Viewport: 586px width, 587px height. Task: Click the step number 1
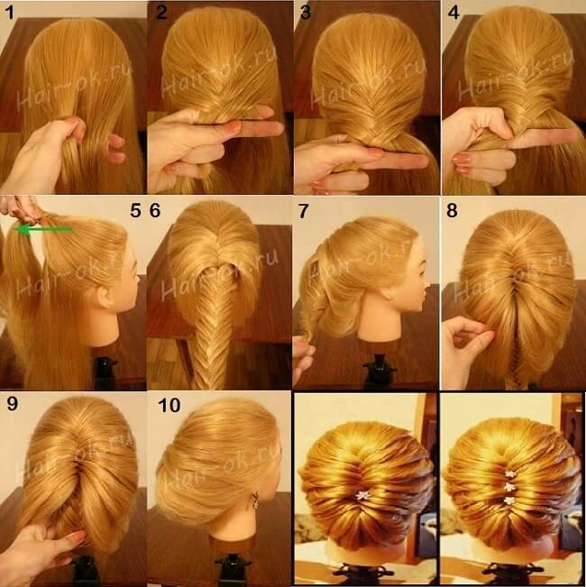pyautogui.click(x=10, y=14)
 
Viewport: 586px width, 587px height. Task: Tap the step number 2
pyautogui.click(x=161, y=13)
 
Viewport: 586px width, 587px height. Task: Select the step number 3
pyautogui.click(x=306, y=13)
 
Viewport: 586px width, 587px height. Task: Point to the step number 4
pyautogui.click(x=453, y=13)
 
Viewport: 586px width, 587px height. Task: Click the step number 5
pyautogui.click(x=135, y=211)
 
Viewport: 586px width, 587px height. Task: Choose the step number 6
pyautogui.click(x=155, y=211)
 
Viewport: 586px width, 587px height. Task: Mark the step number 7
pyautogui.click(x=303, y=212)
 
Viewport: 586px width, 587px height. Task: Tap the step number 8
pyautogui.click(x=452, y=211)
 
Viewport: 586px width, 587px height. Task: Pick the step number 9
pyautogui.click(x=12, y=404)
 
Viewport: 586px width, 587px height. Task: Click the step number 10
pyautogui.click(x=169, y=405)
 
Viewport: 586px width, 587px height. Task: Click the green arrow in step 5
pyautogui.click(x=43, y=229)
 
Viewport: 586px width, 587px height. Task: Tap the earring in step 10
pyautogui.click(x=255, y=500)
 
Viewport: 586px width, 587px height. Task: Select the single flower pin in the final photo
pyautogui.click(x=362, y=496)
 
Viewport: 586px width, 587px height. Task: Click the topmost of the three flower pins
pyautogui.click(x=508, y=474)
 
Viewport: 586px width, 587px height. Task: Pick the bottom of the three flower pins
pyautogui.click(x=508, y=500)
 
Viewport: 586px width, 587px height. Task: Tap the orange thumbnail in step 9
pyautogui.click(x=78, y=536)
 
